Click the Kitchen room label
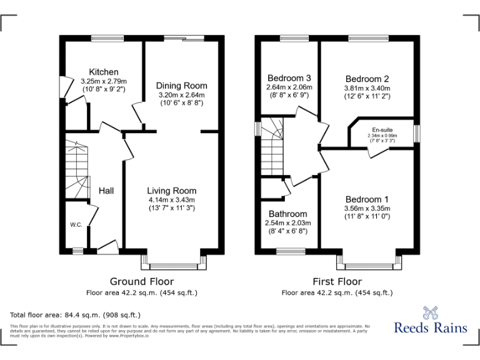(x=104, y=72)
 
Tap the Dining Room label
(x=182, y=86)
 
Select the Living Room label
(x=172, y=191)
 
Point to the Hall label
(x=106, y=191)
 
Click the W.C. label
(x=76, y=224)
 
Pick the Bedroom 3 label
(x=289, y=78)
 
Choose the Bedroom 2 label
(x=367, y=79)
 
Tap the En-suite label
(x=382, y=129)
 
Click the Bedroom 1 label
(x=367, y=199)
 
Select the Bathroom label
(x=288, y=214)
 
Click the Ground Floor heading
(x=142, y=281)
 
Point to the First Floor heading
(x=337, y=281)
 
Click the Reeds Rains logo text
(x=430, y=326)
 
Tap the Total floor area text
(x=76, y=314)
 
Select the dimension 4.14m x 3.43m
(x=172, y=199)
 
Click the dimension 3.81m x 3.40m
(x=367, y=88)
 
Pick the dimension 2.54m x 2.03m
(x=288, y=222)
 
